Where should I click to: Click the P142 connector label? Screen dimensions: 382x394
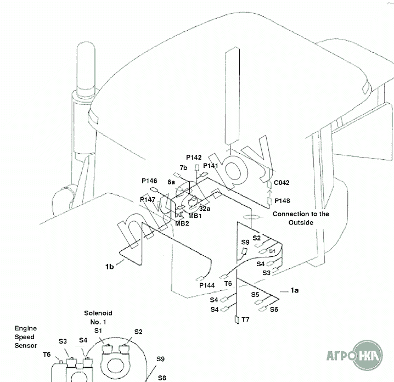194,158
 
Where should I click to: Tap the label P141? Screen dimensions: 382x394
211,166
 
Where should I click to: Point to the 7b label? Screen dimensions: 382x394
183,167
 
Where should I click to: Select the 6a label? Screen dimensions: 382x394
171,182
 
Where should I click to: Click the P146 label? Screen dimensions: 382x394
149,181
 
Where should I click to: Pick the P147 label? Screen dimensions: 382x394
148,200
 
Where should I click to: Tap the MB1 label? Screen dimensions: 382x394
195,216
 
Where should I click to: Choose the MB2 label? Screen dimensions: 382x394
182,223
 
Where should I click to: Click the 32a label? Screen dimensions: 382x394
205,209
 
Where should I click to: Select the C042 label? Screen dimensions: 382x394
282,183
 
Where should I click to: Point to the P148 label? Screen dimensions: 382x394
282,201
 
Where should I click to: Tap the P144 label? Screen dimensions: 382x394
207,285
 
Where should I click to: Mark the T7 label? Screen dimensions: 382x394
245,319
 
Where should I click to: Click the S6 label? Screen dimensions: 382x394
274,310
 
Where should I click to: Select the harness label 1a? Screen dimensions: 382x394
294,289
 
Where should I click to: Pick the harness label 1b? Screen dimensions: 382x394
110,267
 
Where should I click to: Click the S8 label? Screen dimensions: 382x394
161,378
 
